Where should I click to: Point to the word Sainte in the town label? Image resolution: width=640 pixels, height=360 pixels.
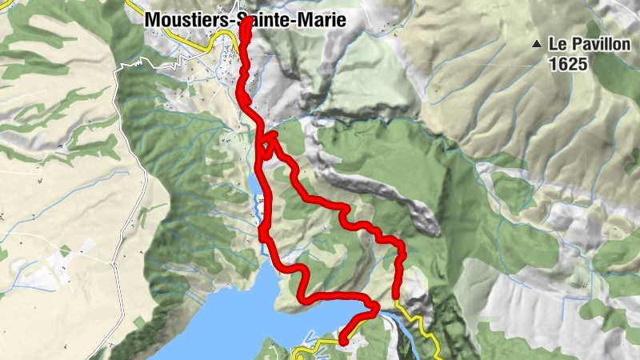point(262,22)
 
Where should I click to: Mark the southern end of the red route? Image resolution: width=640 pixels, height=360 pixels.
point(342,342)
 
